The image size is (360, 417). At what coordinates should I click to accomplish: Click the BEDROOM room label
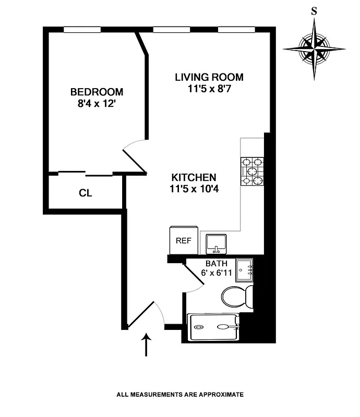(97, 92)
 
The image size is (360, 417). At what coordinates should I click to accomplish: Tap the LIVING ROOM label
(209, 78)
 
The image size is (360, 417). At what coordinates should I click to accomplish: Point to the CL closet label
(86, 193)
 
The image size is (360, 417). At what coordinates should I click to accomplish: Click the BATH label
(215, 264)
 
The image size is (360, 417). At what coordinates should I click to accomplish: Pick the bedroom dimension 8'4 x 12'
(97, 103)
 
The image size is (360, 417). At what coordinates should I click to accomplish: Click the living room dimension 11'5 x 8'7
(209, 89)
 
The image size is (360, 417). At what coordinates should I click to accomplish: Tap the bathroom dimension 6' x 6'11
(215, 273)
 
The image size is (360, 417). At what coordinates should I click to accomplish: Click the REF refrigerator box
(184, 241)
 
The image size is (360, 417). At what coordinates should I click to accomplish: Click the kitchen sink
(215, 243)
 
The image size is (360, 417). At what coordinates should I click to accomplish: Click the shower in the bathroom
(214, 327)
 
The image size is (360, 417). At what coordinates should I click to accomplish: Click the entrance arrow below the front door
(147, 345)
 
